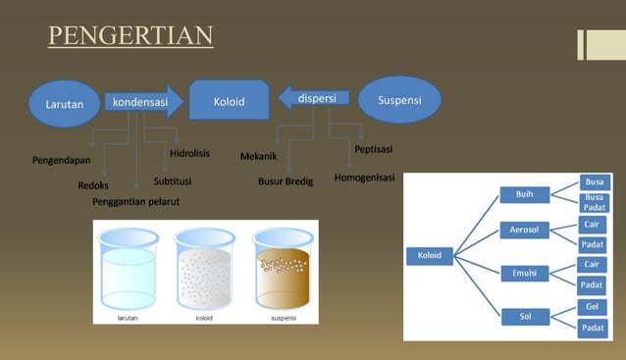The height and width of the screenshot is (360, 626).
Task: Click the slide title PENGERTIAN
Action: click(x=130, y=37)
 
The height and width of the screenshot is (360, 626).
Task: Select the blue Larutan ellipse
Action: click(x=64, y=103)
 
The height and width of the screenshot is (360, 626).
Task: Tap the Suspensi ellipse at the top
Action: click(x=398, y=99)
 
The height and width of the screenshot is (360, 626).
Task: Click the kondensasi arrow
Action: click(x=142, y=102)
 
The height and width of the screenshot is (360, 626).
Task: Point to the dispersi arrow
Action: click(x=315, y=98)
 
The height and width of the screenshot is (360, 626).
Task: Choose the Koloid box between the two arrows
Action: click(x=230, y=101)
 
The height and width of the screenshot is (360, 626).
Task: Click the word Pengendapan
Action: click(x=62, y=159)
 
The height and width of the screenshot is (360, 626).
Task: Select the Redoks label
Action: click(x=93, y=184)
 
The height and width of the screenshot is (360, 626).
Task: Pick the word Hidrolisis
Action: click(x=189, y=154)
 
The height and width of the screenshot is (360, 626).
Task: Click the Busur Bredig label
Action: click(x=286, y=181)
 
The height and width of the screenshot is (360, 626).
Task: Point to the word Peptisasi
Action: click(x=373, y=149)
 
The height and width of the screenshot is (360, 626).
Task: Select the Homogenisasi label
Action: click(x=364, y=178)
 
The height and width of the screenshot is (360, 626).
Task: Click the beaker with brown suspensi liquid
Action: click(x=283, y=270)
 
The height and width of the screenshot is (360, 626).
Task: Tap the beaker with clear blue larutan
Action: click(x=129, y=270)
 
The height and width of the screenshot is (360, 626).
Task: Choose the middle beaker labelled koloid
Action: click(x=205, y=270)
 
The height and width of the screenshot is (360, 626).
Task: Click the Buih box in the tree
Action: click(x=525, y=194)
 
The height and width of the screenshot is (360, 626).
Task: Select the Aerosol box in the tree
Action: click(x=525, y=231)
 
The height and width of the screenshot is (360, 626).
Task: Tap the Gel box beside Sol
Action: click(x=592, y=307)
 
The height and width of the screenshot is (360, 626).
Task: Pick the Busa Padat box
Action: click(x=594, y=202)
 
